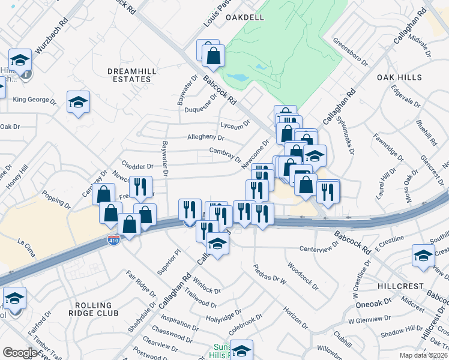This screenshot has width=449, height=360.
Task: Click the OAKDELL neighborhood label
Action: coord(245,18)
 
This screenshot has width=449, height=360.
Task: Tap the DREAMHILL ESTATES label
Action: coord(129,75)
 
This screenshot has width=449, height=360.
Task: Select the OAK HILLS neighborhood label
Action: coord(399,78)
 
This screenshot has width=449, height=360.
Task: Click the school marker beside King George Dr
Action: coord(78,102)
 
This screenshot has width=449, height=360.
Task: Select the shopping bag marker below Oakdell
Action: coord(213,56)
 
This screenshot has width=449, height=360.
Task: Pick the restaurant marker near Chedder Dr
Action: coord(140,187)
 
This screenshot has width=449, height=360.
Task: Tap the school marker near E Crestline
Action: coord(423,255)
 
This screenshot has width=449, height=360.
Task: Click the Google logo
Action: coord(20,353)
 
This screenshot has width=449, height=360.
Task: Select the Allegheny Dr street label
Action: coord(205,137)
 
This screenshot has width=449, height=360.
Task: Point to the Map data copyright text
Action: coord(423,355)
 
